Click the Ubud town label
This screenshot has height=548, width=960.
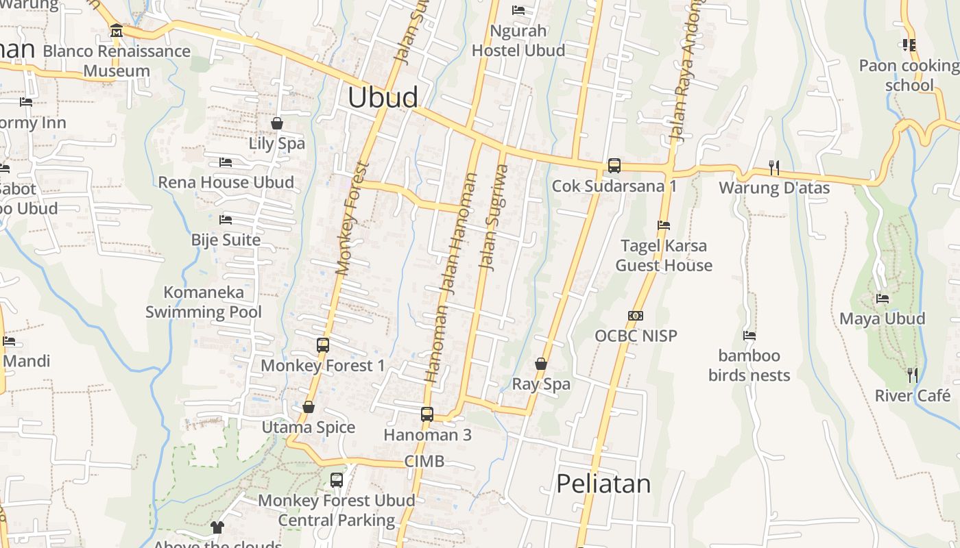(383, 97)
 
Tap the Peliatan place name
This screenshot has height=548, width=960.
(603, 484)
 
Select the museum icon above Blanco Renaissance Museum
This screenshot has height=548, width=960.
(116, 31)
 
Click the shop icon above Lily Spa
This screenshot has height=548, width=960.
(277, 123)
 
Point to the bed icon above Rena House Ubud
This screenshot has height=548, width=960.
(226, 162)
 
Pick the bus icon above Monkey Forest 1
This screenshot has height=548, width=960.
(323, 345)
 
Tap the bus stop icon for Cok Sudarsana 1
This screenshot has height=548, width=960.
(614, 166)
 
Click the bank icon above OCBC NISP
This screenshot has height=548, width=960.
(636, 316)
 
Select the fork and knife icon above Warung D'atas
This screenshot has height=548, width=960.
(774, 168)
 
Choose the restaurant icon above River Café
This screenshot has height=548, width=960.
(913, 375)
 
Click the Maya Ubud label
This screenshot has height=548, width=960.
(883, 319)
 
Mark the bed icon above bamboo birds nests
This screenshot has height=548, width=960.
(749, 336)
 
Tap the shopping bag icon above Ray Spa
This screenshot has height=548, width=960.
(541, 364)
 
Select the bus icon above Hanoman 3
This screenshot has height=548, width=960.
(427, 414)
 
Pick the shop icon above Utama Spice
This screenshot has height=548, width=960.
(309, 408)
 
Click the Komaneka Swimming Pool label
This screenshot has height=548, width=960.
(204, 302)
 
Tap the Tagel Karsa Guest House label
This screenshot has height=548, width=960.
(664, 256)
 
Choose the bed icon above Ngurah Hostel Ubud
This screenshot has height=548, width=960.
(518, 10)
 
